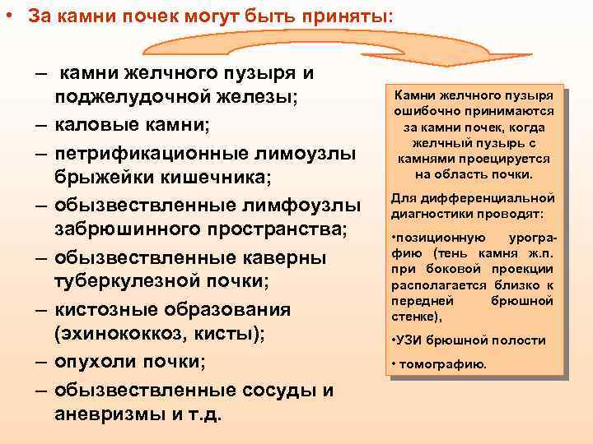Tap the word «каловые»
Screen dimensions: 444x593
point(98,125)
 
